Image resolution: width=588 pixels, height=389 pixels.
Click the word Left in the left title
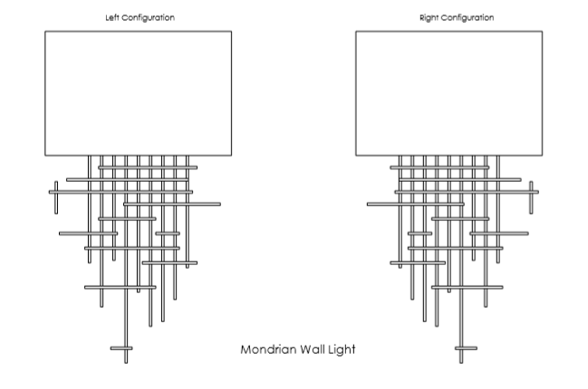coord(112,17)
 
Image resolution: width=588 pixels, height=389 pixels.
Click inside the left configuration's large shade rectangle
coord(139,93)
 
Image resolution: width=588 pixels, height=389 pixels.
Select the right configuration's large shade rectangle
coord(448,93)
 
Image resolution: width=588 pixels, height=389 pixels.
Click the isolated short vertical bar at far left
coord(56,198)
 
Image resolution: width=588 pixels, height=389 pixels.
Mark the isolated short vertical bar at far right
coord(531,198)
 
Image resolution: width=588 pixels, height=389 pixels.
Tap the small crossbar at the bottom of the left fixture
coord(121,348)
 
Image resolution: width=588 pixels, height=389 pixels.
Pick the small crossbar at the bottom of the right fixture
coord(466,348)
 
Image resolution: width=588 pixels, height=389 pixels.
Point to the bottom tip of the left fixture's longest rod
coord(126,363)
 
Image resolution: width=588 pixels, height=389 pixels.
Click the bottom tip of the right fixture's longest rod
coord(461,363)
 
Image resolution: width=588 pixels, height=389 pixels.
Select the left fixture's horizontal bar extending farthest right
coord(172,204)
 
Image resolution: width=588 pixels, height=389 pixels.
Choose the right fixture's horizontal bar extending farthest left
coord(416,204)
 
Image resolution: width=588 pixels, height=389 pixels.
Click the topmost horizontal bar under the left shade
coord(148,167)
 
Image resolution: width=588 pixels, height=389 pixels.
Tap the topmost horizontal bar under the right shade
coord(439,167)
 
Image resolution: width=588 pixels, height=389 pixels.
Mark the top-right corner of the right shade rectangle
coord(543,32)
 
